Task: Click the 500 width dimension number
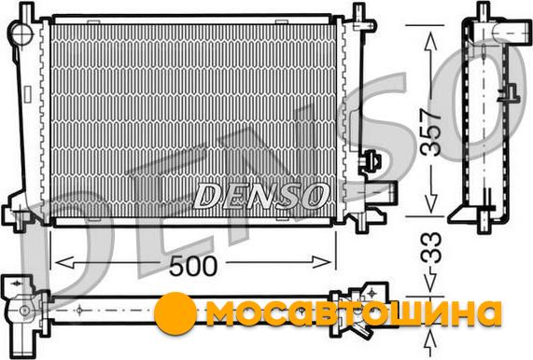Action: point(192,265)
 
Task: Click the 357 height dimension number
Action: point(430,132)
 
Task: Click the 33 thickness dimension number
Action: point(431,247)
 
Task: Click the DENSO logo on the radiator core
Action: point(260,196)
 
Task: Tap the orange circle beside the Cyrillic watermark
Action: point(175,311)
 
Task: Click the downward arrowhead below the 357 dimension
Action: point(431,204)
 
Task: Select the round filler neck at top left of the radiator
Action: point(21,32)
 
